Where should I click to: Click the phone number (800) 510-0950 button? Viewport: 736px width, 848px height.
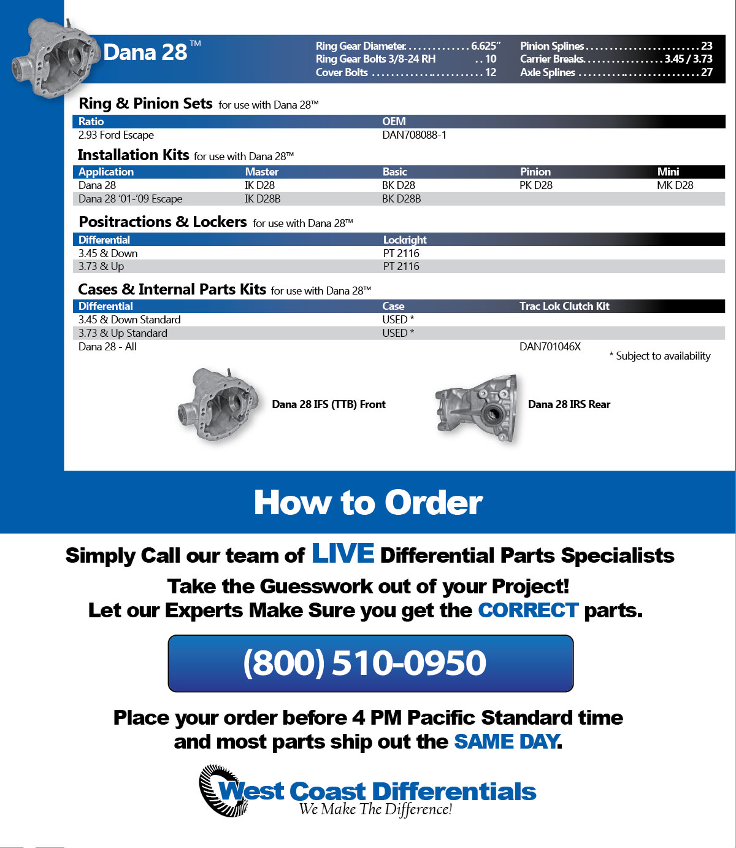coord(370,663)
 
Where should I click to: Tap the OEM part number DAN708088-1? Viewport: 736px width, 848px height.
coord(414,135)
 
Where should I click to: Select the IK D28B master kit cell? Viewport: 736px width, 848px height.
coord(263,199)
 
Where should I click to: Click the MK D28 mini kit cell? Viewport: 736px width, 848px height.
coord(675,185)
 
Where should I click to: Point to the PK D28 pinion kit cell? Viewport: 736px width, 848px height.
coord(535,185)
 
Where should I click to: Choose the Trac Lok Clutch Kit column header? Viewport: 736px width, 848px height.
coord(564,306)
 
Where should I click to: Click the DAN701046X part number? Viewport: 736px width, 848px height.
coord(550,347)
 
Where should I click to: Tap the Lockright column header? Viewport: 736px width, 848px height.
coord(405,240)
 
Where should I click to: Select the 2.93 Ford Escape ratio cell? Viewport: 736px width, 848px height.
coord(116,135)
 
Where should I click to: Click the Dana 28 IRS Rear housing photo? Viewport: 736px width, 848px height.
coord(477,406)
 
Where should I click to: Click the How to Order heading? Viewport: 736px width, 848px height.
coord(368,503)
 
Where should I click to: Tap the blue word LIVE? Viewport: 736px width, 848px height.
coord(342,553)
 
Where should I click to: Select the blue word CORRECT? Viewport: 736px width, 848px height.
coord(528,611)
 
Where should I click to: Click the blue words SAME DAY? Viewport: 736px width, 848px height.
coord(506,742)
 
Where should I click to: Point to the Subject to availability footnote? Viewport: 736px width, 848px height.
coord(660,356)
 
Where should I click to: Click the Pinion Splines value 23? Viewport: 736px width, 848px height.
coord(707,46)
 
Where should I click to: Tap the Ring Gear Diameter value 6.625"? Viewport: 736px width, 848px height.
coord(486,46)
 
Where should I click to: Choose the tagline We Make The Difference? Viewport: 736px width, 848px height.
coord(375,810)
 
